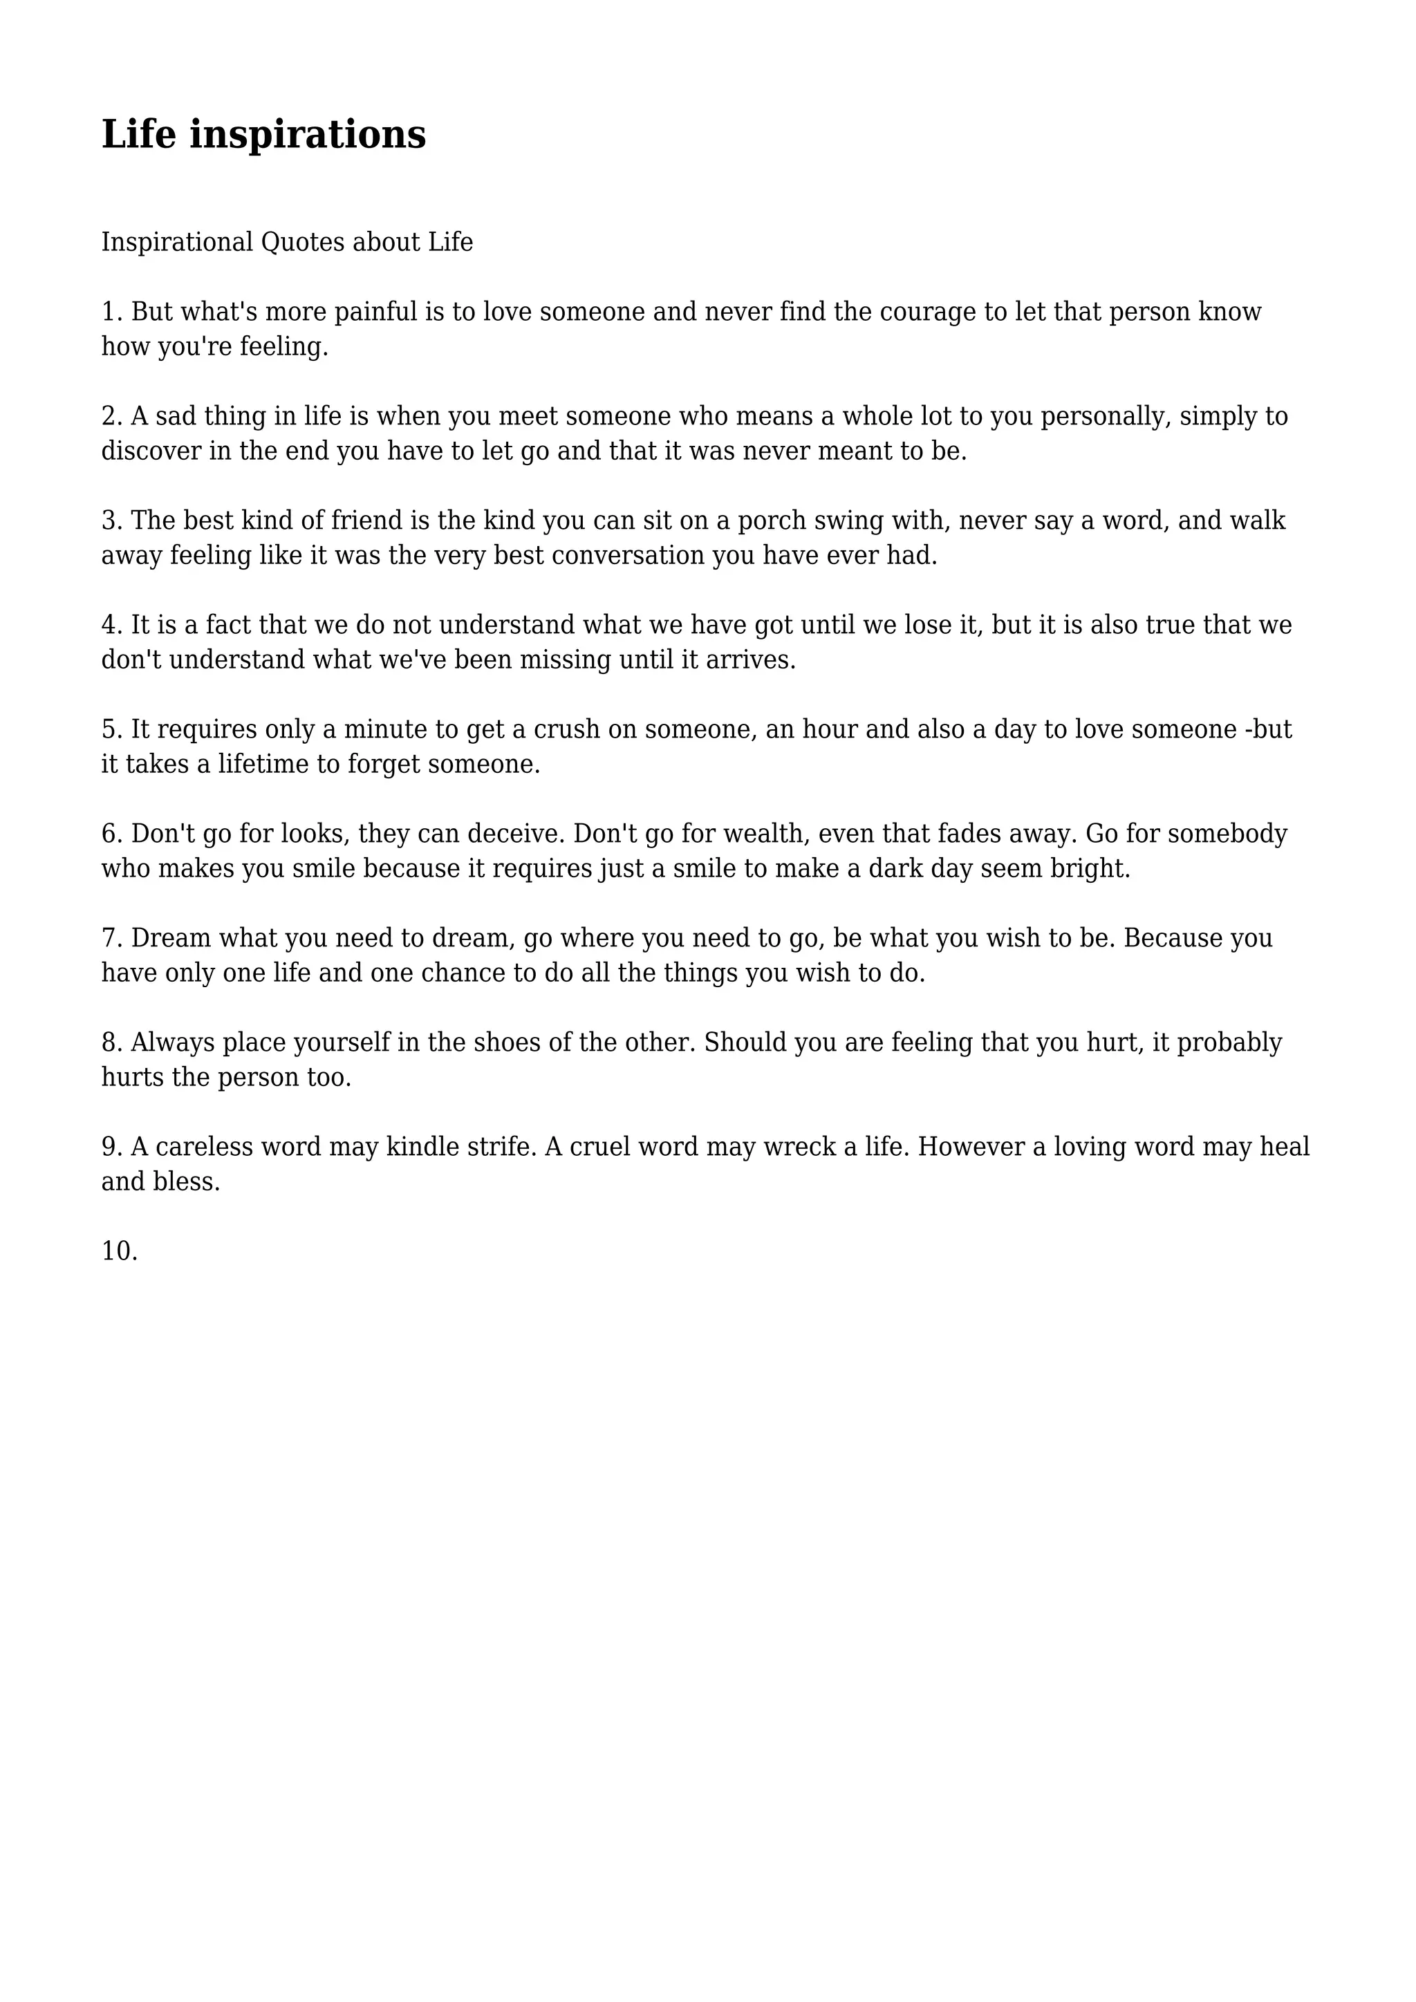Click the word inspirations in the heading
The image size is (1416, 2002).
[x=308, y=135]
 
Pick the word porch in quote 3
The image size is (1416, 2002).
[x=772, y=521]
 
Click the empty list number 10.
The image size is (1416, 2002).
[x=119, y=1251]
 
